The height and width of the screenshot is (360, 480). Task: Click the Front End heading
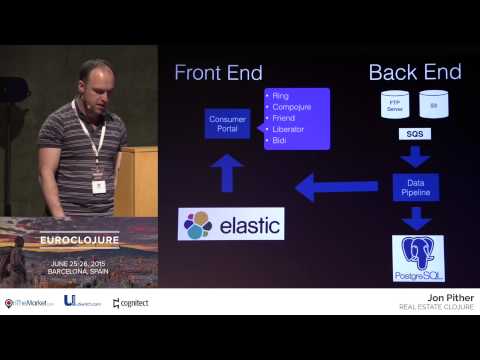point(218,72)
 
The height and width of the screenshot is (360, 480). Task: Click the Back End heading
point(415,72)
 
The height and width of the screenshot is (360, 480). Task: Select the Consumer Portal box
point(227,124)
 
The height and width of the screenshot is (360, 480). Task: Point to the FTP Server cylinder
point(393,104)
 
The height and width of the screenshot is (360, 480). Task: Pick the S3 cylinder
point(433,104)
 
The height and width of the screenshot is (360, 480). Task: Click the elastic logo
point(230,224)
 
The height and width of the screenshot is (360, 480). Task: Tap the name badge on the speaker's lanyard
point(98,186)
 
